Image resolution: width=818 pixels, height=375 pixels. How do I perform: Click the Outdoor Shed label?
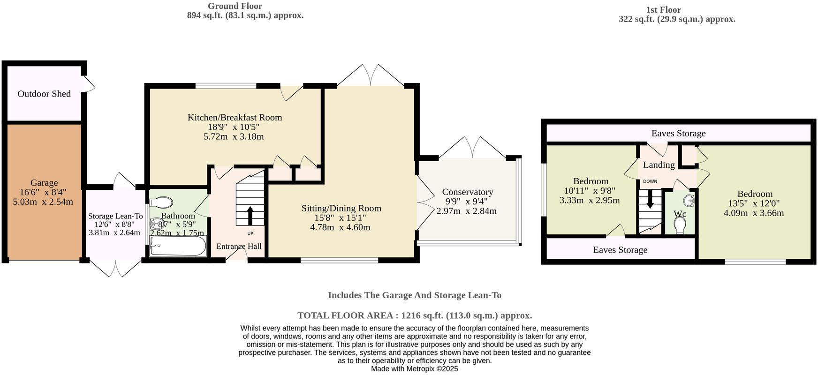44,94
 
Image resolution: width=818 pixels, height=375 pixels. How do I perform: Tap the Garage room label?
44,183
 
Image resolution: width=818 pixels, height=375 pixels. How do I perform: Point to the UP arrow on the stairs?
250,216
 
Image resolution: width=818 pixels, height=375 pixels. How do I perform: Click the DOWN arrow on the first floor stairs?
650,199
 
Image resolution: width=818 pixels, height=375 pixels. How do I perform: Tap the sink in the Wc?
689,201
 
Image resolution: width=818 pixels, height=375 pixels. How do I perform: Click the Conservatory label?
468,192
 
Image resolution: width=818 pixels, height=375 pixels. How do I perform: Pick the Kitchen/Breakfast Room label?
235,117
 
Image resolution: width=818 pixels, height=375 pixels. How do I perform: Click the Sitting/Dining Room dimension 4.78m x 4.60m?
340,227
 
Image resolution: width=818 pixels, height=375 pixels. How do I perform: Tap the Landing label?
659,165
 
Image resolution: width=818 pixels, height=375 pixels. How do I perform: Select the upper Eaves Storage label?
679,134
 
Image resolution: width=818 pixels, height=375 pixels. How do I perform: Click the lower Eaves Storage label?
620,250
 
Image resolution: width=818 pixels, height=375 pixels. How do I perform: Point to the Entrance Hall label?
239,247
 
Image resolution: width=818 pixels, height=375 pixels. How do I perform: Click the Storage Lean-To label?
115,216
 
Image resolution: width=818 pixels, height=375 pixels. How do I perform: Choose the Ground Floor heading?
235,6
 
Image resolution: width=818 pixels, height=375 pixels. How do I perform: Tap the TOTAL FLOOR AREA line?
415,315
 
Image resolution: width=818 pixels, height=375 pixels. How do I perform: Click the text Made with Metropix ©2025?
415,369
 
